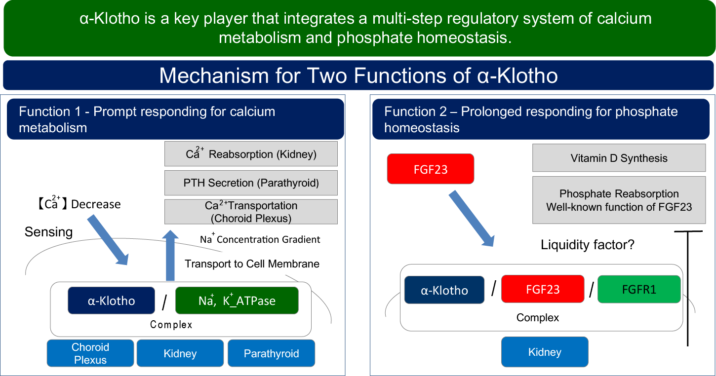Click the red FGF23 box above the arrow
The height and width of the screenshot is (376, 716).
(x=430, y=169)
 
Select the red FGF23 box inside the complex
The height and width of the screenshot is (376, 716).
(x=543, y=289)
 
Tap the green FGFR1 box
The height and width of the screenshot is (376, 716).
(x=639, y=289)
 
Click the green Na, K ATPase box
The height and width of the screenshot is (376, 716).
(x=237, y=301)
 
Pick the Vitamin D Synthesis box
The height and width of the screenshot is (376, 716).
(x=619, y=158)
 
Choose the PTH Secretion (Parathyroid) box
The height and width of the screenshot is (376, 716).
(x=251, y=183)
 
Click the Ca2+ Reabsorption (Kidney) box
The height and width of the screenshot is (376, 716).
(x=251, y=153)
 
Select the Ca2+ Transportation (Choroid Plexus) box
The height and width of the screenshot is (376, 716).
(x=251, y=212)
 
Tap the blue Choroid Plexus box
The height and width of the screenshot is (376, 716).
(x=90, y=353)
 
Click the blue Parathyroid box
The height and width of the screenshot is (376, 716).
(x=272, y=353)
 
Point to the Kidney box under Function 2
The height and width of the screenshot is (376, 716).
(x=545, y=352)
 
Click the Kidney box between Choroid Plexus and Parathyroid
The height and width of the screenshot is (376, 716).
(x=180, y=353)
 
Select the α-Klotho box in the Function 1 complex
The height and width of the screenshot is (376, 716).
(x=111, y=301)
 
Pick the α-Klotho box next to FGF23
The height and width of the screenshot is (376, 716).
(x=444, y=290)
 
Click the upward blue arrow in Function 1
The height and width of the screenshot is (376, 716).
(x=170, y=255)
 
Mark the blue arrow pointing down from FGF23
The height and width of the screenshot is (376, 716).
(x=472, y=219)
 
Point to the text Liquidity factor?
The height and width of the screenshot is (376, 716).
(x=588, y=245)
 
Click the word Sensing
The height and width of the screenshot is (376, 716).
(x=48, y=232)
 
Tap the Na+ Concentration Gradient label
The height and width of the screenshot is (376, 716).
(x=260, y=239)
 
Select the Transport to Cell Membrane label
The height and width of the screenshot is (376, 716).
(x=252, y=263)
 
